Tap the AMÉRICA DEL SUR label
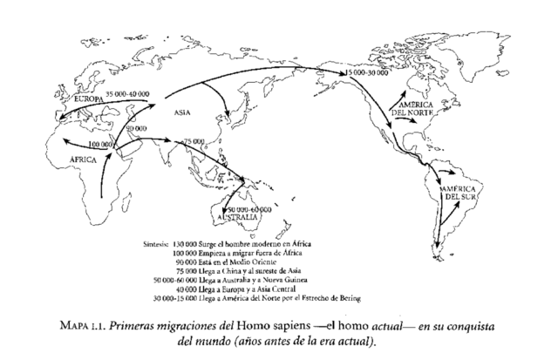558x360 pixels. [459, 194]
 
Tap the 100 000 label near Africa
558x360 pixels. [101, 142]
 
